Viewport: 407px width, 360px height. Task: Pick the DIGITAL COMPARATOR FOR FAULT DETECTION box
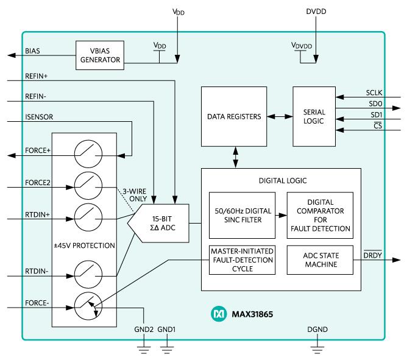point(319,216)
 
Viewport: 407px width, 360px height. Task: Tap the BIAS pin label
point(32,51)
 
